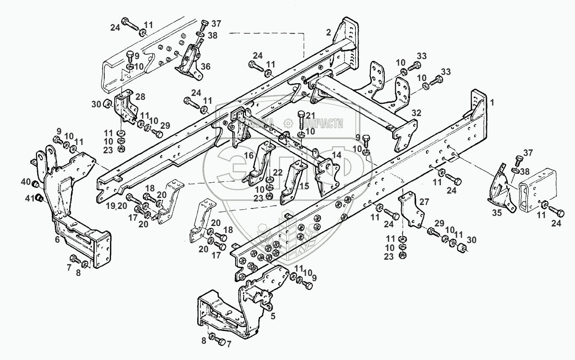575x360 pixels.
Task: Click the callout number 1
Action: [x=492, y=102]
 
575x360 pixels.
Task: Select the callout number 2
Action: [x=329, y=32]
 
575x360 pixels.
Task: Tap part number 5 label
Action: [x=273, y=316]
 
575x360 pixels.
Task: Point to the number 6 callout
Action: [x=57, y=240]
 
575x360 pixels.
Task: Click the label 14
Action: [x=336, y=155]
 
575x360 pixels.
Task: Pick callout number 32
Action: [x=416, y=113]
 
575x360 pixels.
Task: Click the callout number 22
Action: [x=277, y=173]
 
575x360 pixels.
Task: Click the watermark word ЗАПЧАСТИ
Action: [x=323, y=124]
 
